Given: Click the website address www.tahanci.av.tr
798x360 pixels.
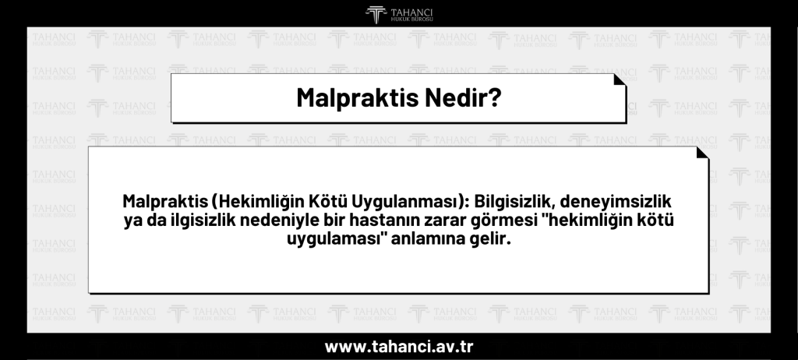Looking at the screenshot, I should (398, 345).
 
